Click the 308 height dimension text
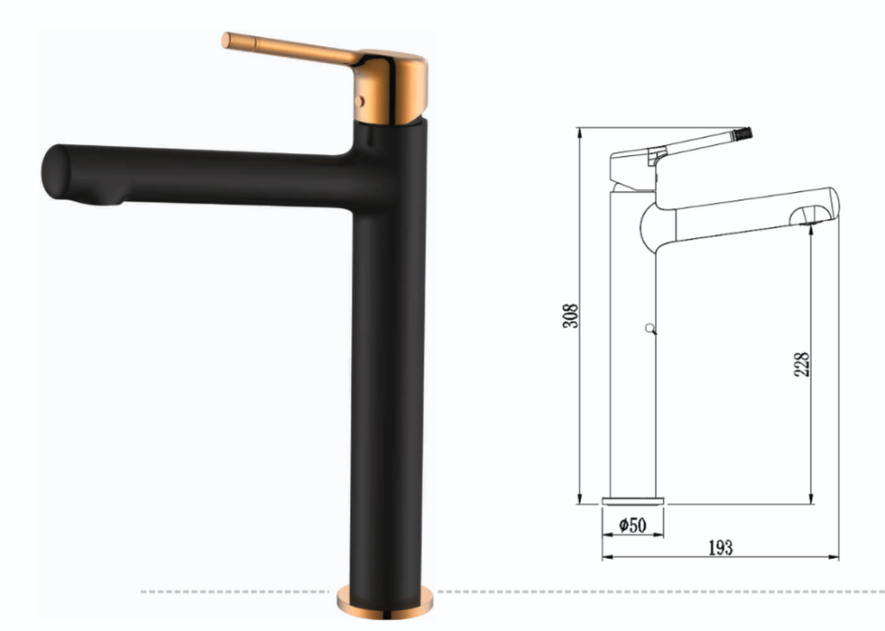(x=570, y=315)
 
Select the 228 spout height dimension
(x=801, y=363)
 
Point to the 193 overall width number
(x=720, y=547)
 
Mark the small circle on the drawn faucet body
(x=648, y=331)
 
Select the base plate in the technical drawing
(x=632, y=500)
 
